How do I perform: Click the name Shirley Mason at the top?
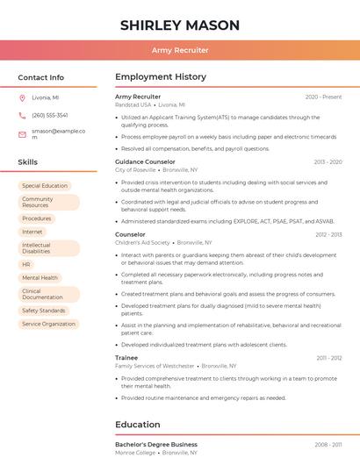tap(179, 25)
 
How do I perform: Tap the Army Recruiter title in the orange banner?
tap(179, 51)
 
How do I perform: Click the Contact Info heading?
tap(41, 77)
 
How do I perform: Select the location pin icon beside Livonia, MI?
tap(23, 98)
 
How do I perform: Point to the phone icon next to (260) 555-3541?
tap(23, 116)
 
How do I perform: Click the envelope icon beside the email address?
tap(23, 133)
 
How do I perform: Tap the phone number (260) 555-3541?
tap(50, 116)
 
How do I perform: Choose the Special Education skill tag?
tap(45, 186)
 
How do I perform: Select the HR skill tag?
tap(26, 264)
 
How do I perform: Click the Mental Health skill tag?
tap(40, 277)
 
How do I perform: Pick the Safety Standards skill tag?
tap(44, 311)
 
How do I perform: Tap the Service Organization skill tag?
tap(49, 324)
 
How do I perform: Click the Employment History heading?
tap(161, 77)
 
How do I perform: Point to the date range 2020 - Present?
tap(323, 97)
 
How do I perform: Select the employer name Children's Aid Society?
tap(142, 242)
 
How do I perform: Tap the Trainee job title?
tap(127, 358)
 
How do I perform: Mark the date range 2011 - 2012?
tap(329, 358)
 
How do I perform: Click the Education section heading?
tap(138, 425)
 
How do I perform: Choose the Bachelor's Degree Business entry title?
tap(156, 445)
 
